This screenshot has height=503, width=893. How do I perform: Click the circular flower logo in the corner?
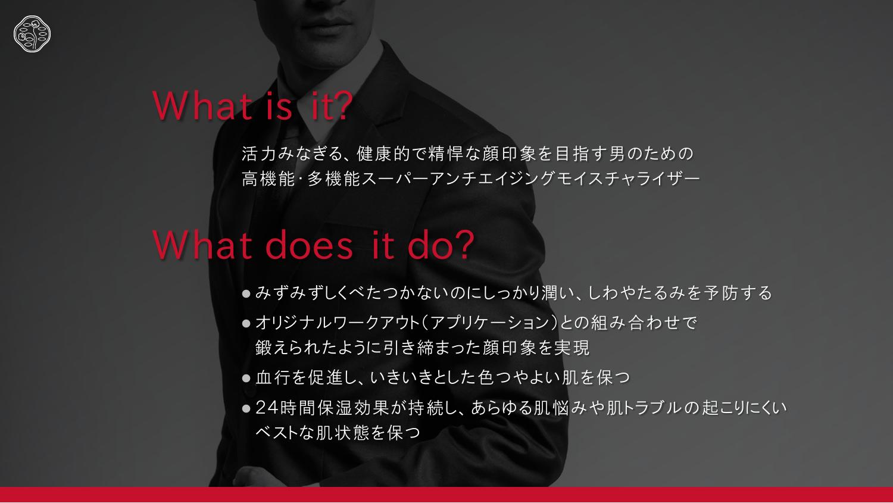pos(32,34)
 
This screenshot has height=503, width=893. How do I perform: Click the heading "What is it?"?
pos(252,105)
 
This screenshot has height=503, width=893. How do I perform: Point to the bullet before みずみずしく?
pos(246,294)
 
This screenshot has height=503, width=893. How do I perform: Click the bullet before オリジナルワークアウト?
pos(246,323)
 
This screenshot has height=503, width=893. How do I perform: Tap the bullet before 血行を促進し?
pos(246,378)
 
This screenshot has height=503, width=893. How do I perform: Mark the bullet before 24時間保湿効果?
pos(246,408)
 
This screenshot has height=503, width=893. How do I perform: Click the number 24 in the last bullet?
pos(266,408)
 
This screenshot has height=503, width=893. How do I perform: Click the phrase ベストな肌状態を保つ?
pos(338,432)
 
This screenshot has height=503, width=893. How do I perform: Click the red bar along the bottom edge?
pos(447,495)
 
